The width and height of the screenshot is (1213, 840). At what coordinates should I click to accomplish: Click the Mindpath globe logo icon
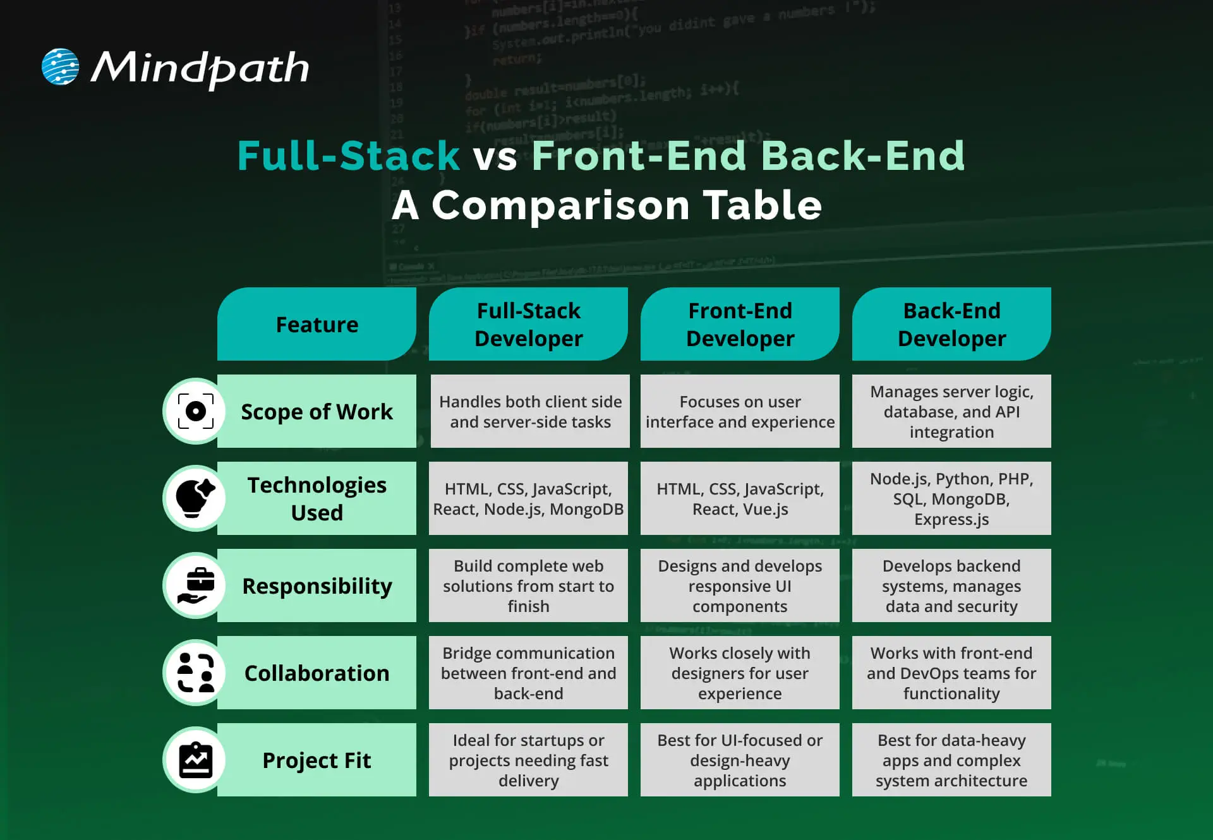(x=60, y=66)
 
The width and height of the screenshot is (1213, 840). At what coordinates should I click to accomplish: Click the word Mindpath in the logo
(x=200, y=68)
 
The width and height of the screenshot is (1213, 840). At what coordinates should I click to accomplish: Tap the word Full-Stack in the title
(x=348, y=155)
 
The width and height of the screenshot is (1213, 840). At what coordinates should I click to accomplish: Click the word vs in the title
(x=495, y=157)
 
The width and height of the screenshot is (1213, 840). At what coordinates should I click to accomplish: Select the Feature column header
(x=317, y=325)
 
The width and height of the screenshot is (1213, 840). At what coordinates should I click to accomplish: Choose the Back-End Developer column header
(x=951, y=325)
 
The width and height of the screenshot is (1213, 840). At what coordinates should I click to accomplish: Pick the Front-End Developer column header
(x=740, y=325)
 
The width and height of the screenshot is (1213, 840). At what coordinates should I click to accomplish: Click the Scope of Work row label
(x=317, y=412)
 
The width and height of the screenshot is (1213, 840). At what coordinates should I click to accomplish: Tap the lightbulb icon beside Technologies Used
(x=195, y=498)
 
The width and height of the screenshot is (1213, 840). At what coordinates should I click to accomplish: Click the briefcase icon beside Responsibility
(x=196, y=585)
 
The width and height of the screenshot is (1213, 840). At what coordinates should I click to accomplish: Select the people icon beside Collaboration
(x=196, y=673)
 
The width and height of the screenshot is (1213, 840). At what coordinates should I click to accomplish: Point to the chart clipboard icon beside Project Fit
(x=196, y=760)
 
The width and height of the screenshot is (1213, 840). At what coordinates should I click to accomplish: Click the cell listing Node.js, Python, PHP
(x=951, y=498)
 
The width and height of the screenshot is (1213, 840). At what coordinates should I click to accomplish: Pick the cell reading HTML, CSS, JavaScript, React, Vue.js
(x=740, y=498)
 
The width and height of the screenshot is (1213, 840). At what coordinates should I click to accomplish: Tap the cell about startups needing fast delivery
(x=528, y=760)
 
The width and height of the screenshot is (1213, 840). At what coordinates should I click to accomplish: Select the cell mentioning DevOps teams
(x=951, y=673)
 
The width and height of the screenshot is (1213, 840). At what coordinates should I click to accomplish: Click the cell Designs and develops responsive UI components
(x=740, y=585)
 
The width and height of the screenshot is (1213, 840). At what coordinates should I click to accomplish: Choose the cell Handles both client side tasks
(x=530, y=412)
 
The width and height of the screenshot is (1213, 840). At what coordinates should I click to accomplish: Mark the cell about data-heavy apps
(x=951, y=760)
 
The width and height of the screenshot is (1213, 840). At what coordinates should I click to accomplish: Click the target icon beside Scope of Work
(x=196, y=411)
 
